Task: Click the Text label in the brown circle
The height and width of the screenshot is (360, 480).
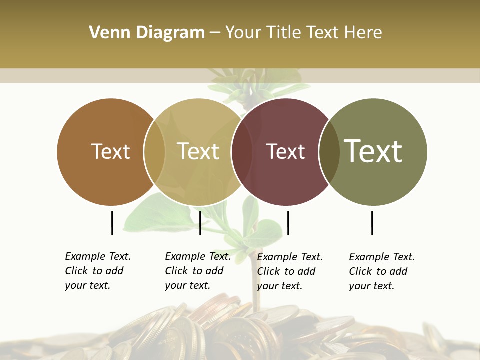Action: [110, 151]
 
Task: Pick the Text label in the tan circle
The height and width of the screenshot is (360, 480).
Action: [198, 151]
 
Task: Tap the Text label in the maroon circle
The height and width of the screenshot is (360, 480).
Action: [285, 151]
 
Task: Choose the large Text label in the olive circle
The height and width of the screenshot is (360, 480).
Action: [373, 151]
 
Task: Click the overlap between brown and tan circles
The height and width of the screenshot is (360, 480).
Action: [154, 152]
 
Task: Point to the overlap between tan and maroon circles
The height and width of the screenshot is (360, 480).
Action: [242, 152]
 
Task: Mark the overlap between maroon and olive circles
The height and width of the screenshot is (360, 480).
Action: [329, 152]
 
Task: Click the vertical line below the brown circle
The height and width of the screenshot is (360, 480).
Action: [112, 223]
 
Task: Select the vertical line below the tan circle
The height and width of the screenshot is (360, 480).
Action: [200, 223]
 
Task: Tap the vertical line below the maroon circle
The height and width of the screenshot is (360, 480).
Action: [288, 223]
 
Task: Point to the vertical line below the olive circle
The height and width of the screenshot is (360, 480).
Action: [372, 223]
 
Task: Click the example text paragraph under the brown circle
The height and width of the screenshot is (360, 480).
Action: [97, 271]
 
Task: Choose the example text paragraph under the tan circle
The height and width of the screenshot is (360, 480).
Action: [197, 271]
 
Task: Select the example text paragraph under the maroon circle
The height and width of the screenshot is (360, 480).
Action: [289, 271]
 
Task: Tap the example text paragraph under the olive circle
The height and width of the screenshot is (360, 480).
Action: [381, 271]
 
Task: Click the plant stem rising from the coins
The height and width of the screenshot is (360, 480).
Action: [257, 295]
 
